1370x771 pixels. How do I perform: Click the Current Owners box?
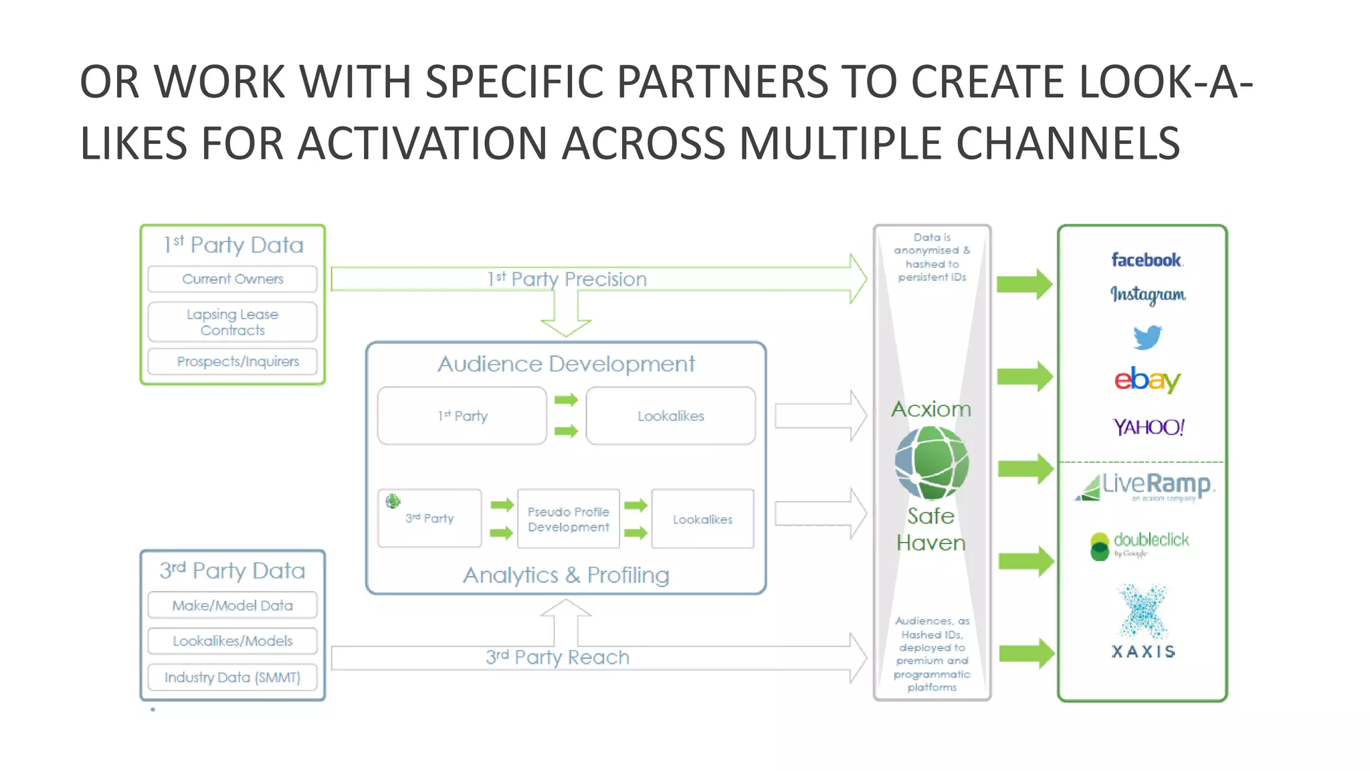(232, 279)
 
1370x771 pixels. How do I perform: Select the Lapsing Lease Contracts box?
(232, 322)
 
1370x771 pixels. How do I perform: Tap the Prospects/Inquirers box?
(232, 361)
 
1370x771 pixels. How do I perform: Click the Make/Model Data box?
(232, 605)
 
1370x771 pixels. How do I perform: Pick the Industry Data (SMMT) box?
(232, 677)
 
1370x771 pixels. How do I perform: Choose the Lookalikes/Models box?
(232, 641)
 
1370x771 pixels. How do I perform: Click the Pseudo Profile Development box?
(568, 519)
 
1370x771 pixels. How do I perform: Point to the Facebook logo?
(1147, 260)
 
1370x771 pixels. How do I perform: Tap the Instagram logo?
(1148, 294)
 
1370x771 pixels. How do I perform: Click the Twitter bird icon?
(1147, 337)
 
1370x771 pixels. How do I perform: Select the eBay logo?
(1147, 379)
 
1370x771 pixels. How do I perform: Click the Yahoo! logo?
(1149, 427)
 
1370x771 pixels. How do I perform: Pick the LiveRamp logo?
(1145, 486)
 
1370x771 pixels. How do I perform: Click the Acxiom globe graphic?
(932, 463)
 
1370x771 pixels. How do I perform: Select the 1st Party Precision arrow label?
(567, 279)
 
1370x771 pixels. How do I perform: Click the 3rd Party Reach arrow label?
(557, 657)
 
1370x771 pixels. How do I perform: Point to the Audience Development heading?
(566, 364)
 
